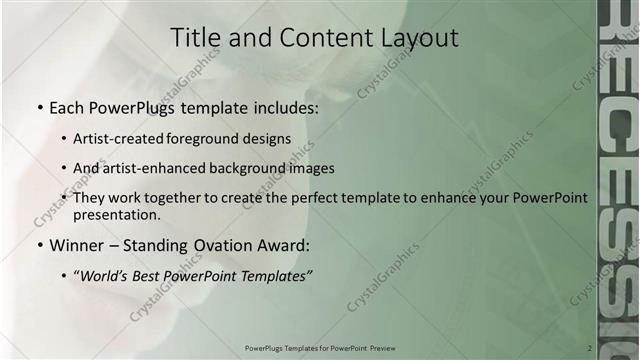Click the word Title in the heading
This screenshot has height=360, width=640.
(192, 38)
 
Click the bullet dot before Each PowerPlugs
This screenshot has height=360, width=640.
(39, 106)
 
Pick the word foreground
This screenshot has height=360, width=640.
(217, 138)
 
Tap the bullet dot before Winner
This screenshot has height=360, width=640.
(39, 245)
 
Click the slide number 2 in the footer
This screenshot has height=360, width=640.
(590, 347)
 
